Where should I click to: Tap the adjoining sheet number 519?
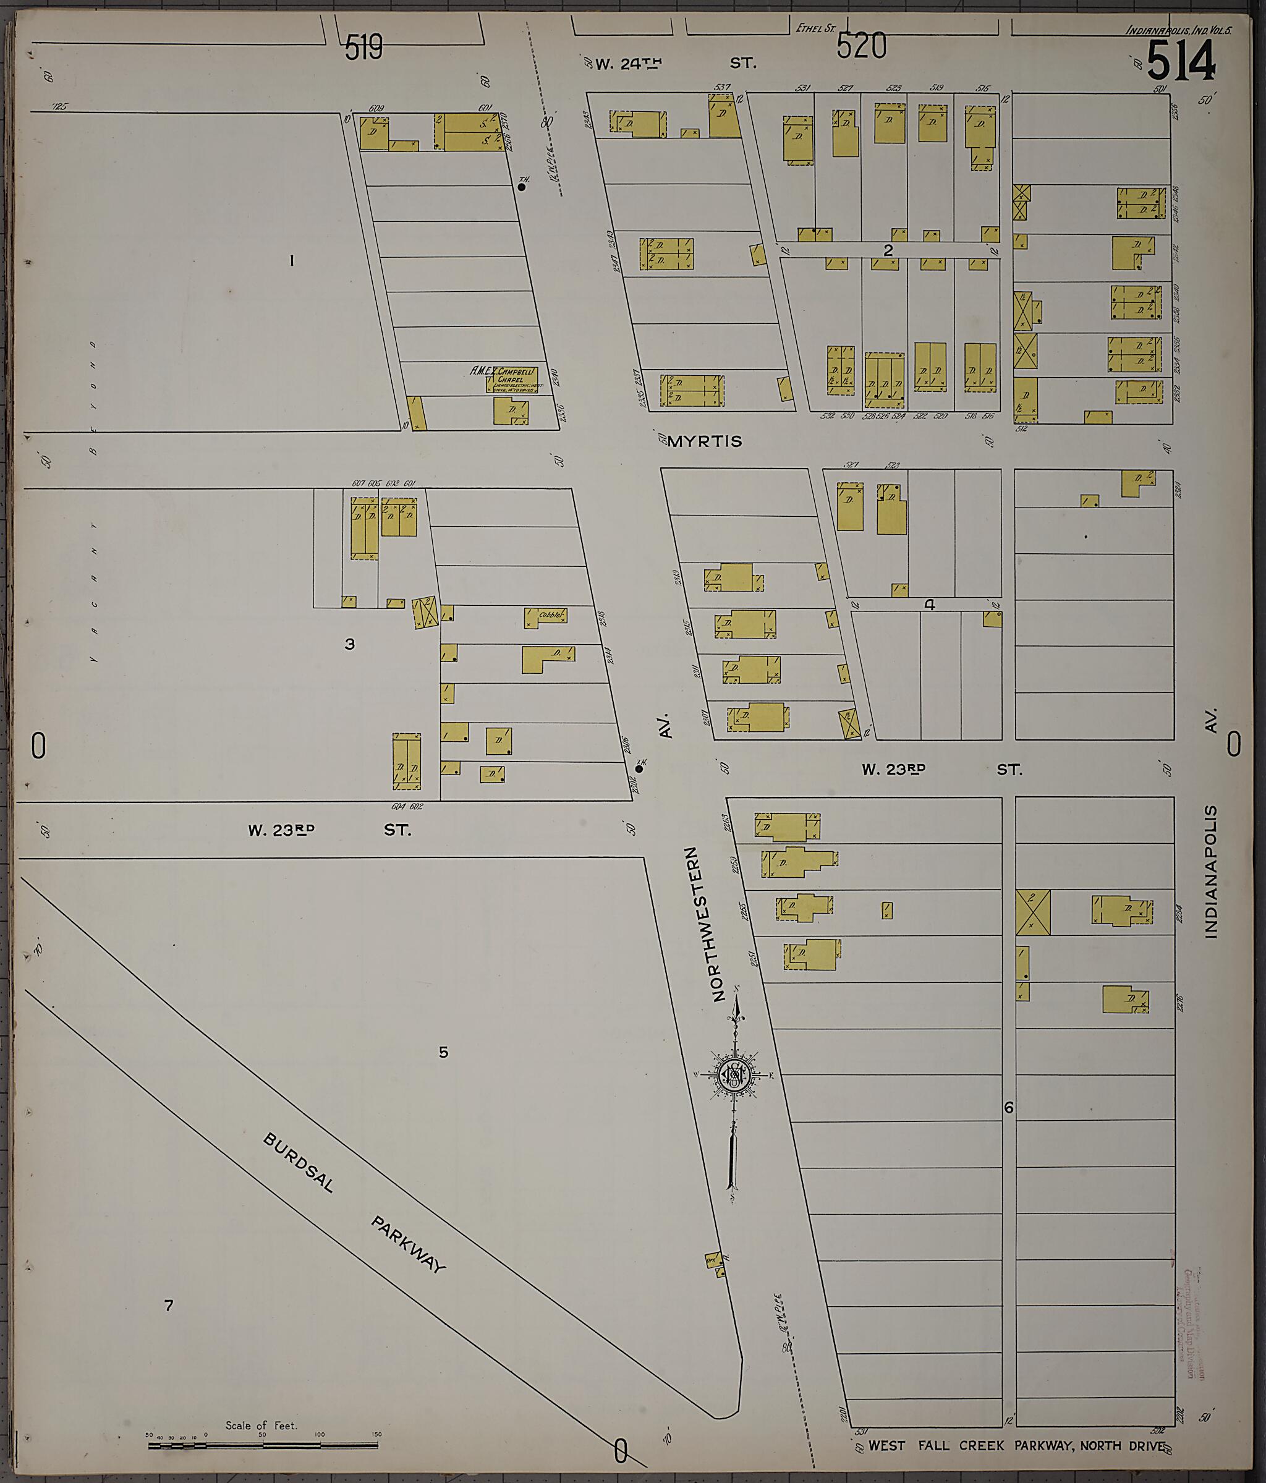[x=363, y=49]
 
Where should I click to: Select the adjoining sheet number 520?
[x=862, y=47]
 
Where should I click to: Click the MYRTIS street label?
[x=704, y=441]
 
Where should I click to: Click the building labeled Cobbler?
[x=545, y=616]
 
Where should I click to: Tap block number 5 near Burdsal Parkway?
[x=443, y=1052]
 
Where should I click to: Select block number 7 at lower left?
[x=168, y=1306]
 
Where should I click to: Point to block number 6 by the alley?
[x=1008, y=1108]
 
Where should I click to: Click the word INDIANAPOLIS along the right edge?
[x=1210, y=872]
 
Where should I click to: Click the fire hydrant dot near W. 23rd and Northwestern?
[x=639, y=770]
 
